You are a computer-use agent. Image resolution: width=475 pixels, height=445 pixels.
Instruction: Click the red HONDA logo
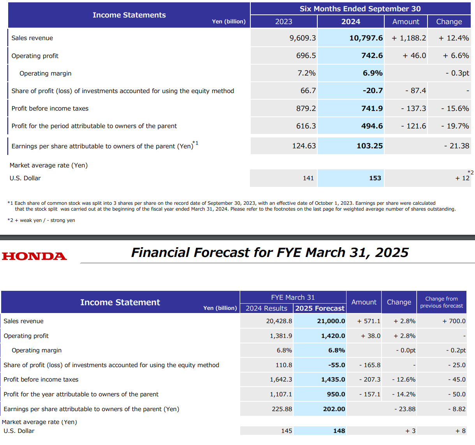pyautogui.click(x=34, y=256)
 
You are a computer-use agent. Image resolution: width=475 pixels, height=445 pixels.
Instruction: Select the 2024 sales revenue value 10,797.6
pyautogui.click(x=366, y=38)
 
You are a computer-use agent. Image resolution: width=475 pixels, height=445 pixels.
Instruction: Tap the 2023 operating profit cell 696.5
pyautogui.click(x=306, y=56)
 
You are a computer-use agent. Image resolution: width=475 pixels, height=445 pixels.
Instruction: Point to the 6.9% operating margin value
pyautogui.click(x=372, y=73)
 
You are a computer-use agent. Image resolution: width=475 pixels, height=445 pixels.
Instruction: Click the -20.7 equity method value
pyautogui.click(x=373, y=91)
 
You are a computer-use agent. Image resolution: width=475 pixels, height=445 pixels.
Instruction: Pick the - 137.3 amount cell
pyautogui.click(x=413, y=108)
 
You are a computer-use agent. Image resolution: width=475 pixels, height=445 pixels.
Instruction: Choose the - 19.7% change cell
pyautogui.click(x=455, y=126)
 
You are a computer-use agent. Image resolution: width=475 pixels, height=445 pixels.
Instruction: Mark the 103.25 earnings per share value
pyautogui.click(x=369, y=146)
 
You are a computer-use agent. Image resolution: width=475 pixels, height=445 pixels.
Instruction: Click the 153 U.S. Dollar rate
pyautogui.click(x=375, y=178)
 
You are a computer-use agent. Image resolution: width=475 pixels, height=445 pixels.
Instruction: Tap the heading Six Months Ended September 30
pyautogui.click(x=360, y=9)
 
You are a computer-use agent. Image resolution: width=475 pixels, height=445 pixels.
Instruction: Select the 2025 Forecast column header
pyautogui.click(x=320, y=308)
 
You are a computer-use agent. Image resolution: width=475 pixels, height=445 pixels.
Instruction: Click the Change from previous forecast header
pyautogui.click(x=442, y=302)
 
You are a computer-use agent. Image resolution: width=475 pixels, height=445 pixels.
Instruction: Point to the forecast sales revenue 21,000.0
pyautogui.click(x=331, y=321)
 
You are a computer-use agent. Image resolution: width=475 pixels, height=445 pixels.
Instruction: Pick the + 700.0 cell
pyautogui.click(x=454, y=321)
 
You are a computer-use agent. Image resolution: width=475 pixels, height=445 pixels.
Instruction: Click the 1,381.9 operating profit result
pyautogui.click(x=281, y=336)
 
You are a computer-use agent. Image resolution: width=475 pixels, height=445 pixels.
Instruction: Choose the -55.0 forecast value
pyautogui.click(x=336, y=365)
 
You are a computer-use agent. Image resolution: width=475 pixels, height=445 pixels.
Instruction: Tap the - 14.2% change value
pyautogui.click(x=404, y=394)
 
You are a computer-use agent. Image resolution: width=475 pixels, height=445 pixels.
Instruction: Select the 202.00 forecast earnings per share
pyautogui.click(x=334, y=409)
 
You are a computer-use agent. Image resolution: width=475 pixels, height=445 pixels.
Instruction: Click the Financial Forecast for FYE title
pyautogui.click(x=269, y=253)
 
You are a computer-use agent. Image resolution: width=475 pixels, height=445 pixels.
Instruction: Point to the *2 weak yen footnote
pyautogui.click(x=41, y=220)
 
